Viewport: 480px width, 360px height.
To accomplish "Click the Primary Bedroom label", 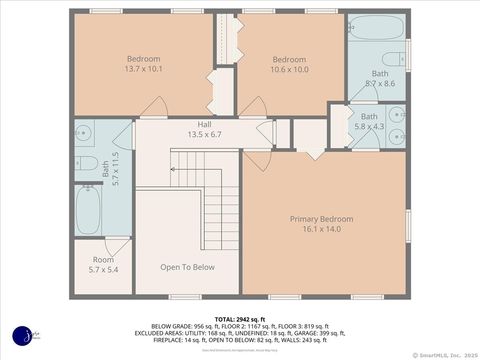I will tap(321, 219).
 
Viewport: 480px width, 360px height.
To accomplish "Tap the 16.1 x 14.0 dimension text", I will tap(321, 229).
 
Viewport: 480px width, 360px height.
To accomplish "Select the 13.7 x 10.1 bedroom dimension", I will tap(143, 69).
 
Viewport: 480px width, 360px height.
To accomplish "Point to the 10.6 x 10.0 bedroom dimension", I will tap(290, 69).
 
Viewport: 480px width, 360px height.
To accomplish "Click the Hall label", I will tap(203, 124).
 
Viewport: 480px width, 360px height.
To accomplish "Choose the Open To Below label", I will tap(187, 267).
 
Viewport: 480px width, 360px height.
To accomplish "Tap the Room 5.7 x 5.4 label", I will tap(103, 265).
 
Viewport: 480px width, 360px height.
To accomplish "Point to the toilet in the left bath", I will tap(87, 163).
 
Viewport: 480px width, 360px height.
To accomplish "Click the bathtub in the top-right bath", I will tap(376, 27).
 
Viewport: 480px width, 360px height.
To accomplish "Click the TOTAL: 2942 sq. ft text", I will tap(239, 318).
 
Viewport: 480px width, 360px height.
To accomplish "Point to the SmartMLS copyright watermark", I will tap(444, 353).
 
